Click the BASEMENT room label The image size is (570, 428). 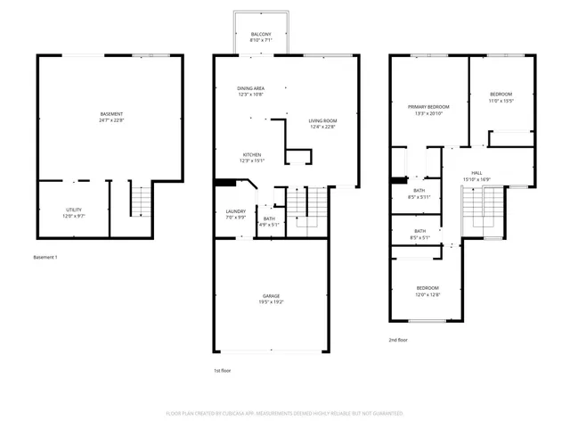[111, 114]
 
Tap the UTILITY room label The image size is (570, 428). [73, 210]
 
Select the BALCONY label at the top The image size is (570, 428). [262, 34]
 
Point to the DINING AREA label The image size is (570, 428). [250, 88]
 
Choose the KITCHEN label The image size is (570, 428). [251, 155]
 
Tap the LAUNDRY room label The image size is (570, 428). [235, 211]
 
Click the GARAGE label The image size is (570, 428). [271, 295]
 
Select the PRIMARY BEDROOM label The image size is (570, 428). [428, 107]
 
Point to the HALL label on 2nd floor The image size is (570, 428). [476, 173]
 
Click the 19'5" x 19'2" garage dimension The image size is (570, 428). [271, 302]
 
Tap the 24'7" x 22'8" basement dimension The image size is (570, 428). [111, 121]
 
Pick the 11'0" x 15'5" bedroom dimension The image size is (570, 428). [501, 101]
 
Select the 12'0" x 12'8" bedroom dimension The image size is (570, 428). [428, 295]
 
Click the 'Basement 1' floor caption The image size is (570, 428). [45, 257]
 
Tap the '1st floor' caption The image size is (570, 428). [222, 370]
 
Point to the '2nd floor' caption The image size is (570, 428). [398, 340]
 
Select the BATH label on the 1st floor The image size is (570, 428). [269, 218]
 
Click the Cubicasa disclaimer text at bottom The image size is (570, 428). [285, 414]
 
